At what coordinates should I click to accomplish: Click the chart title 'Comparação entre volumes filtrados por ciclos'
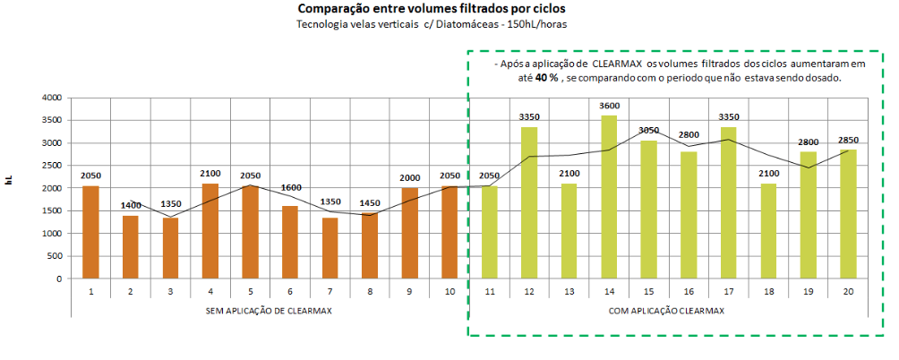point(431,9)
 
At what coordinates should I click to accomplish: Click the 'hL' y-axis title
point(9,181)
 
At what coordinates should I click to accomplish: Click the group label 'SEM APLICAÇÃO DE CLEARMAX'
point(269,310)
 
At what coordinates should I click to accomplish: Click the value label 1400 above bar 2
point(130,206)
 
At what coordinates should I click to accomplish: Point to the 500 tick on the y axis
point(54,256)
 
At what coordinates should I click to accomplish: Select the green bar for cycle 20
point(846,214)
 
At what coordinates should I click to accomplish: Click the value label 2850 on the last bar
point(846,141)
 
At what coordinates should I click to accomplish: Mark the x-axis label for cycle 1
point(90,292)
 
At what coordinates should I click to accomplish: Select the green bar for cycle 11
point(488,232)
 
